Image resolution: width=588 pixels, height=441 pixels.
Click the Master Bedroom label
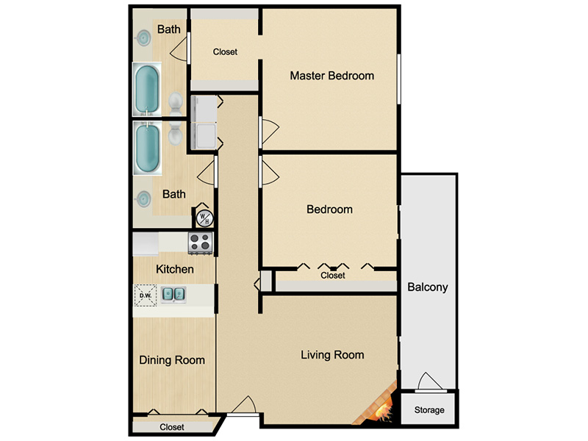coord(332,76)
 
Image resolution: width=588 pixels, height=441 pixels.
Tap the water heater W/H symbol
coord(204,218)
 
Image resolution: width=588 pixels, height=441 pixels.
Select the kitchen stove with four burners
coord(200,243)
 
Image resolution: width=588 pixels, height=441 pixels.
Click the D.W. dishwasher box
coord(146,295)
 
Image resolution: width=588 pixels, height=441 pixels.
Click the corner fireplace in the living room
coord(377,405)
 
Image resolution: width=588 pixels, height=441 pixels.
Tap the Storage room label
coord(429,410)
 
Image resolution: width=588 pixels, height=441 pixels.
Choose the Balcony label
coord(428,287)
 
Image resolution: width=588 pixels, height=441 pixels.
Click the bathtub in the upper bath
coord(147,89)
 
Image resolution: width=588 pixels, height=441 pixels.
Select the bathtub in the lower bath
coord(148,148)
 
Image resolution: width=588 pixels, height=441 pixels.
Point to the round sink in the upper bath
coord(143,37)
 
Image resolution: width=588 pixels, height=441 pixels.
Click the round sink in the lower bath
coord(143,198)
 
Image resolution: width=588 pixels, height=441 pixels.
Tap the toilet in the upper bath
coord(175,104)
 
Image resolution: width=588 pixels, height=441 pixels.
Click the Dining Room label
coord(172,360)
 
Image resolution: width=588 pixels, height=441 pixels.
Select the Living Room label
coord(332,355)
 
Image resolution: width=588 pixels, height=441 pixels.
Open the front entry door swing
coord(244,406)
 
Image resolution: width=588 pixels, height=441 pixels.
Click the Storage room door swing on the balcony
coord(430,381)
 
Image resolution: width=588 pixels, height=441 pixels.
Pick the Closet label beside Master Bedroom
coord(225,51)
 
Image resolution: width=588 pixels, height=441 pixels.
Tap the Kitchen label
coord(175,269)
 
